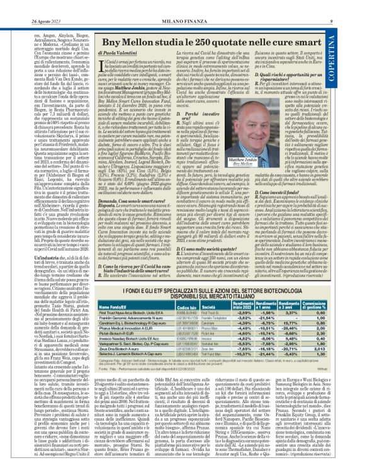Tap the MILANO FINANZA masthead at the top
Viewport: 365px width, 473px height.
click(184, 6)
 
